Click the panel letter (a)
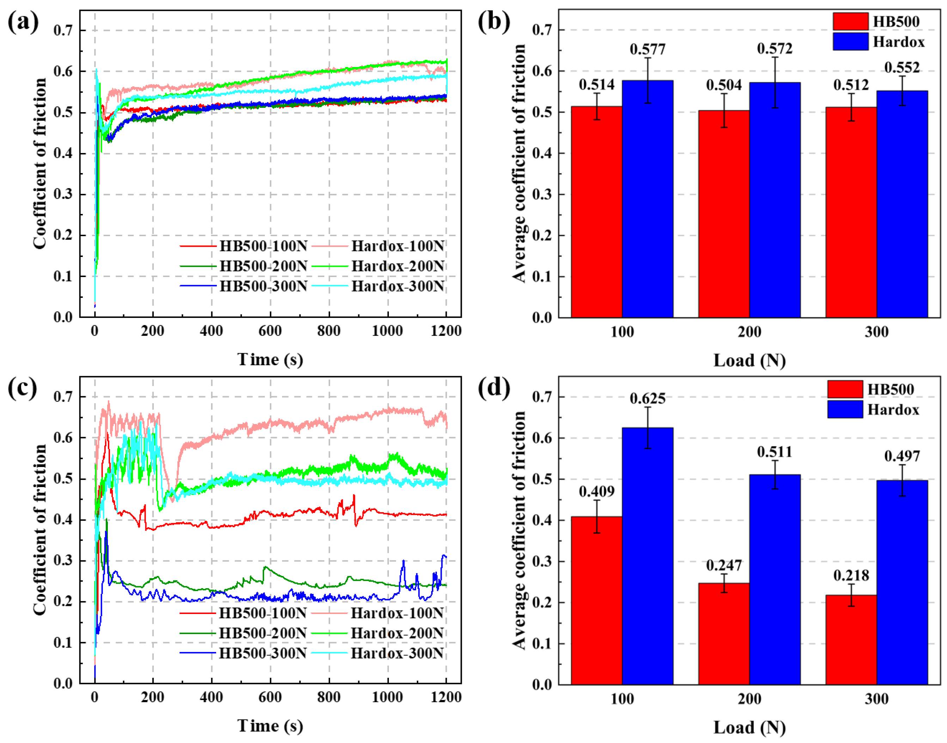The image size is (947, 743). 23,21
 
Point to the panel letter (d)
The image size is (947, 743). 494,387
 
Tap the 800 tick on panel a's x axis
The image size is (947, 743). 329,331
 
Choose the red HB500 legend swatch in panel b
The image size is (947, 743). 850,21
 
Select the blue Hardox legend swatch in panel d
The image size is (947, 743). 845,409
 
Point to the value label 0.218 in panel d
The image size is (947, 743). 851,576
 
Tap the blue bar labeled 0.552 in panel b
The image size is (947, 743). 902,204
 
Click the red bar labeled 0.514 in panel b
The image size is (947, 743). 596,212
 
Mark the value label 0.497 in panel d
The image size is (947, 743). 902,456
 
